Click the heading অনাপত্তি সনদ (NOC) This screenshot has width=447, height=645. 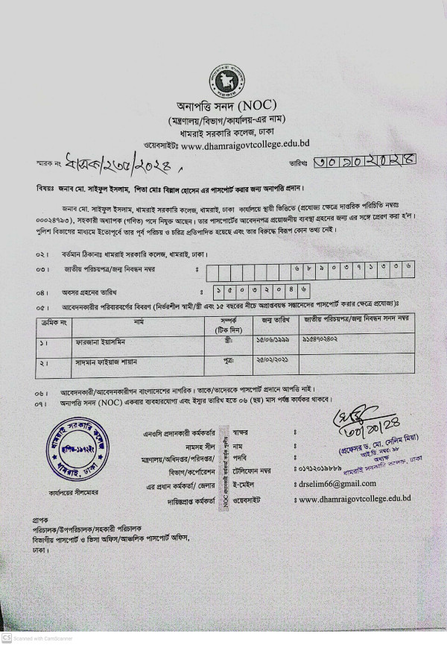223,107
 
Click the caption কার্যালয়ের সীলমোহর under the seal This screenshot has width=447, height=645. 71,494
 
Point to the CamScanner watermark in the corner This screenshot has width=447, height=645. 34,639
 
